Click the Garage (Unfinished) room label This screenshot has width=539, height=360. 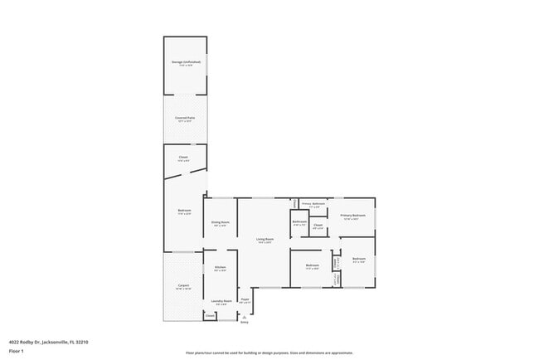(x=185, y=62)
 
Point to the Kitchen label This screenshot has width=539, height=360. (x=221, y=267)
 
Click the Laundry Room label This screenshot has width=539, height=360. (x=221, y=301)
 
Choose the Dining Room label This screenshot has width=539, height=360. (x=220, y=221)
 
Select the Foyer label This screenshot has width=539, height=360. (x=245, y=299)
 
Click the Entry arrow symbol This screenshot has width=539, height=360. (x=244, y=317)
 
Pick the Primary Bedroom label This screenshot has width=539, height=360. (x=352, y=216)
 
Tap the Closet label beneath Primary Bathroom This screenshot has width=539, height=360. (x=318, y=225)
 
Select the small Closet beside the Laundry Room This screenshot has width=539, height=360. (x=210, y=316)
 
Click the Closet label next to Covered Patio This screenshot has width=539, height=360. (x=183, y=157)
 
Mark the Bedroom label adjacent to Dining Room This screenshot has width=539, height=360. (x=184, y=211)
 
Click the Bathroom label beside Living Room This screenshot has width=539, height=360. (x=299, y=221)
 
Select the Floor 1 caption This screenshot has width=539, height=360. (x=16, y=351)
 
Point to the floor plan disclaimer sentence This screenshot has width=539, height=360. (x=269, y=352)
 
